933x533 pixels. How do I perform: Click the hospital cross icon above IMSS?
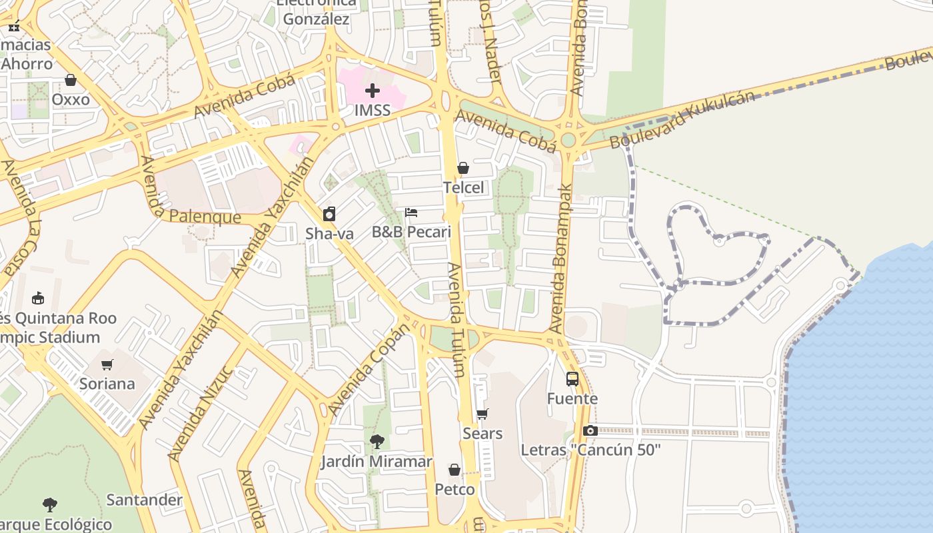coord(373,91)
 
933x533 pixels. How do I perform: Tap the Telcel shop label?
coord(464,188)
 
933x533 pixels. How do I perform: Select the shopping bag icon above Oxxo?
coord(71,80)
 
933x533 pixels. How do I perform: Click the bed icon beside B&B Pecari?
coord(411,213)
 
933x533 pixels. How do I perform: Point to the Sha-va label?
coord(329,233)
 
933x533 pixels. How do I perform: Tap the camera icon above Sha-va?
coord(329,214)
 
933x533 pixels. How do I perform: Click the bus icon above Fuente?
coord(572,379)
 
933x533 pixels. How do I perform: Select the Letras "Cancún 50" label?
coord(590,450)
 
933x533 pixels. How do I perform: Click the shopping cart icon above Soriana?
coord(107,364)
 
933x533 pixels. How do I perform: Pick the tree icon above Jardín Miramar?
coord(377,441)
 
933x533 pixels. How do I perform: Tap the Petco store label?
coord(455,490)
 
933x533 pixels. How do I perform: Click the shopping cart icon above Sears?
coord(483,414)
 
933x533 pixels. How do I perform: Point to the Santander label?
coord(145,500)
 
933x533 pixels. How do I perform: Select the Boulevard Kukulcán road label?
coord(683,119)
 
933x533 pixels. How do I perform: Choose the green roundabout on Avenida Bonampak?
coord(568,141)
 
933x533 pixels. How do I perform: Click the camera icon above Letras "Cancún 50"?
coord(590,431)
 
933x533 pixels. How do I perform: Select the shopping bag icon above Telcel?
coord(463,168)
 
